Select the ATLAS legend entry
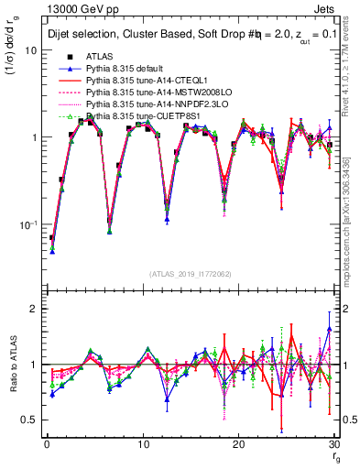tap(102, 57)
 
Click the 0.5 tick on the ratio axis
tap(29, 420)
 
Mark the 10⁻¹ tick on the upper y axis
tap(27, 224)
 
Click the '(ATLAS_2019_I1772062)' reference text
tap(190, 274)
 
